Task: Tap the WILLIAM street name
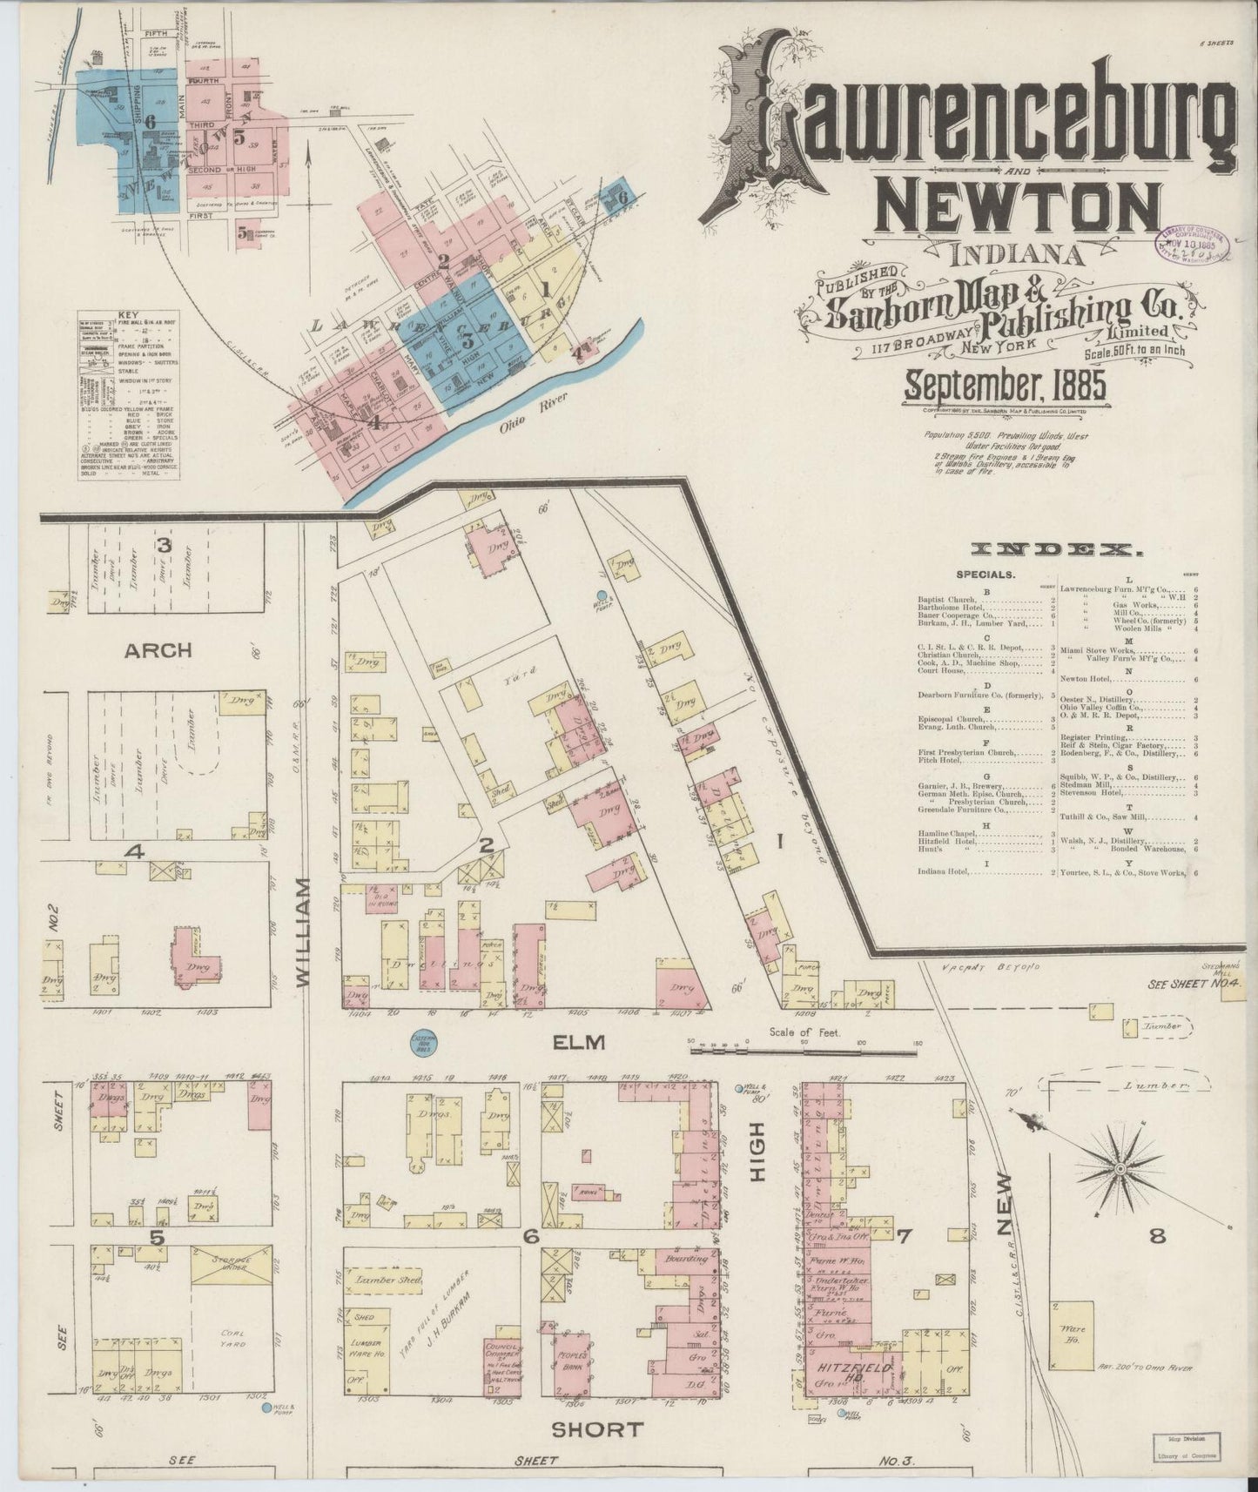(x=303, y=931)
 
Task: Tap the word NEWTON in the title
(x=1019, y=206)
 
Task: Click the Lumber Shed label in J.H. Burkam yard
(x=387, y=1281)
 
